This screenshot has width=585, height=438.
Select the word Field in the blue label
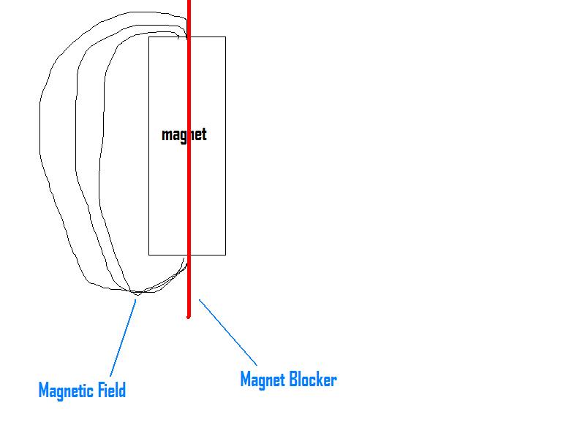[114, 390]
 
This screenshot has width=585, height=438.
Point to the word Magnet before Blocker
[261, 380]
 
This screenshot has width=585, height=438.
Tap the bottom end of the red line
[189, 316]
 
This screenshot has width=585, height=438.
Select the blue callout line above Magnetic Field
[124, 336]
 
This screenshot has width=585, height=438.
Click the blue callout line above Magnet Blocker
[228, 332]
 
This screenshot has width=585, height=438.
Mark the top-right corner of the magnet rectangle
[225, 36]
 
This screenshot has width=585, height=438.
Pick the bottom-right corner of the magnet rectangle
[225, 255]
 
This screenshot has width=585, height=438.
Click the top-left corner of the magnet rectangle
[149, 36]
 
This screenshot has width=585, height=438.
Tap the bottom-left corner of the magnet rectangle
[149, 255]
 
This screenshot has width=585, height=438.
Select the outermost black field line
[39, 146]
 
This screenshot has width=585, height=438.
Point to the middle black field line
[75, 146]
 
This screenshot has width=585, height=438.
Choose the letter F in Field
[105, 390]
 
